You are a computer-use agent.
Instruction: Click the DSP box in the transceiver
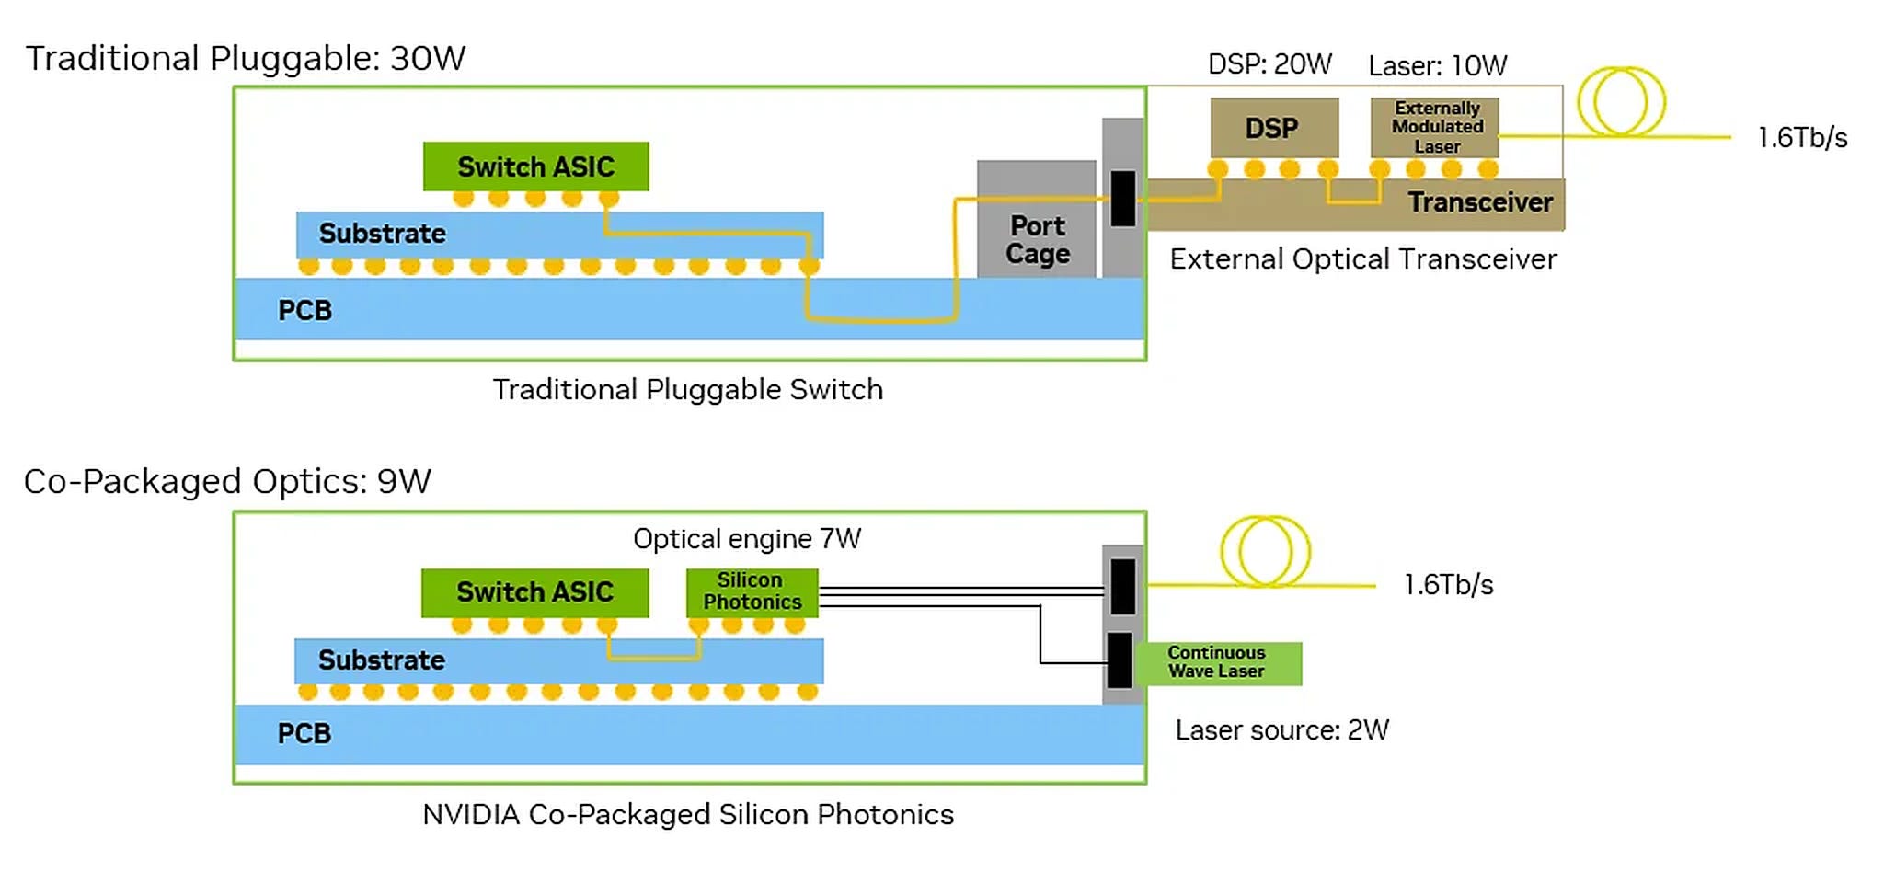tap(1274, 128)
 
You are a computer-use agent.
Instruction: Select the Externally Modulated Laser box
tap(1435, 128)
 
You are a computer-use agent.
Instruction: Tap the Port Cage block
tap(1037, 220)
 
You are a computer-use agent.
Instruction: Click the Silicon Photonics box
tap(752, 592)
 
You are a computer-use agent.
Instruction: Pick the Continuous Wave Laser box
tap(1218, 663)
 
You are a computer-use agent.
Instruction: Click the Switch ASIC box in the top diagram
tap(535, 166)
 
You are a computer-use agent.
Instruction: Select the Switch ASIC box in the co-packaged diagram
tap(534, 592)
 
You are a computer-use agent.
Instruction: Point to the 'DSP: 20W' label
tap(1269, 64)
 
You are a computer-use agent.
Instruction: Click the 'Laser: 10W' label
tap(1437, 66)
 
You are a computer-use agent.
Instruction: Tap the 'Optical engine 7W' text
tap(747, 539)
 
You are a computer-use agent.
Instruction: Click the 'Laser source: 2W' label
tap(1282, 730)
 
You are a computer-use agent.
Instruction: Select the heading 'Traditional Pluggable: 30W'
tap(246, 59)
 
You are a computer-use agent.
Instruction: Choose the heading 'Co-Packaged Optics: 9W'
tap(227, 482)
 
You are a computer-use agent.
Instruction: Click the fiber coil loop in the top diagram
tap(1621, 101)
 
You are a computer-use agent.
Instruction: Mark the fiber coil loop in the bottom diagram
tap(1266, 551)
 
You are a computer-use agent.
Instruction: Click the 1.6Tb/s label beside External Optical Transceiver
tap(1802, 138)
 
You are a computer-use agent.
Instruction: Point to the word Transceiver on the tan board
tap(1480, 202)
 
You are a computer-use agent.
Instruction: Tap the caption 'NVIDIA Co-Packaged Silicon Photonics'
tap(688, 815)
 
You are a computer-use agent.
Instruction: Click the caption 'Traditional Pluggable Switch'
tap(688, 390)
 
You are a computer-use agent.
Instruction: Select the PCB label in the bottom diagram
tap(304, 734)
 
